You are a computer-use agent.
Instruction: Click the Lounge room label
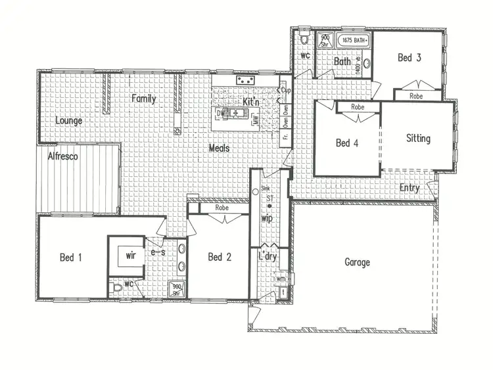(x=68, y=120)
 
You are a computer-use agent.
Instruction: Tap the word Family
(x=143, y=99)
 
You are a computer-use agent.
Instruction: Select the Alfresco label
(x=63, y=156)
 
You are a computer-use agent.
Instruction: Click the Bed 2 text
(x=219, y=257)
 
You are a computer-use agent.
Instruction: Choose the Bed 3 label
(x=410, y=58)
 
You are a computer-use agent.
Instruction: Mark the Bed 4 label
(x=347, y=143)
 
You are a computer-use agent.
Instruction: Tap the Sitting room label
(x=418, y=138)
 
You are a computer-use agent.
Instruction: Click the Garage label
(x=357, y=262)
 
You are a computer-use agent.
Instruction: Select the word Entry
(x=410, y=188)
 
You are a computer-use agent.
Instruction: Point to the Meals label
(x=220, y=149)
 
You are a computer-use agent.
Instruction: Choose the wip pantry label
(x=267, y=218)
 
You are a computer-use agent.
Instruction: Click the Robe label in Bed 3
(x=416, y=96)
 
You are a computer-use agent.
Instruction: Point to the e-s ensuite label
(x=157, y=252)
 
